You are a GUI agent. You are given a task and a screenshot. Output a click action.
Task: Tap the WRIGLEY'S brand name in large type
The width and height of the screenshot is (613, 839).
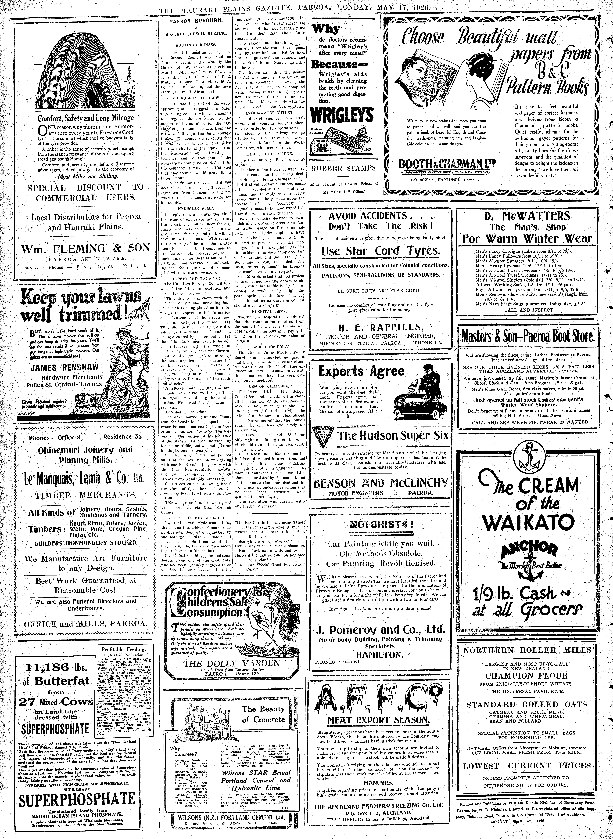point(342,116)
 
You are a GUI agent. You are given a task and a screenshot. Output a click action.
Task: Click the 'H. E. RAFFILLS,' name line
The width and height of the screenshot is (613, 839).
point(380,327)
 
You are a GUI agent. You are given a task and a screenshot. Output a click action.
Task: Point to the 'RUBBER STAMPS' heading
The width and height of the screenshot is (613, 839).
point(343,168)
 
